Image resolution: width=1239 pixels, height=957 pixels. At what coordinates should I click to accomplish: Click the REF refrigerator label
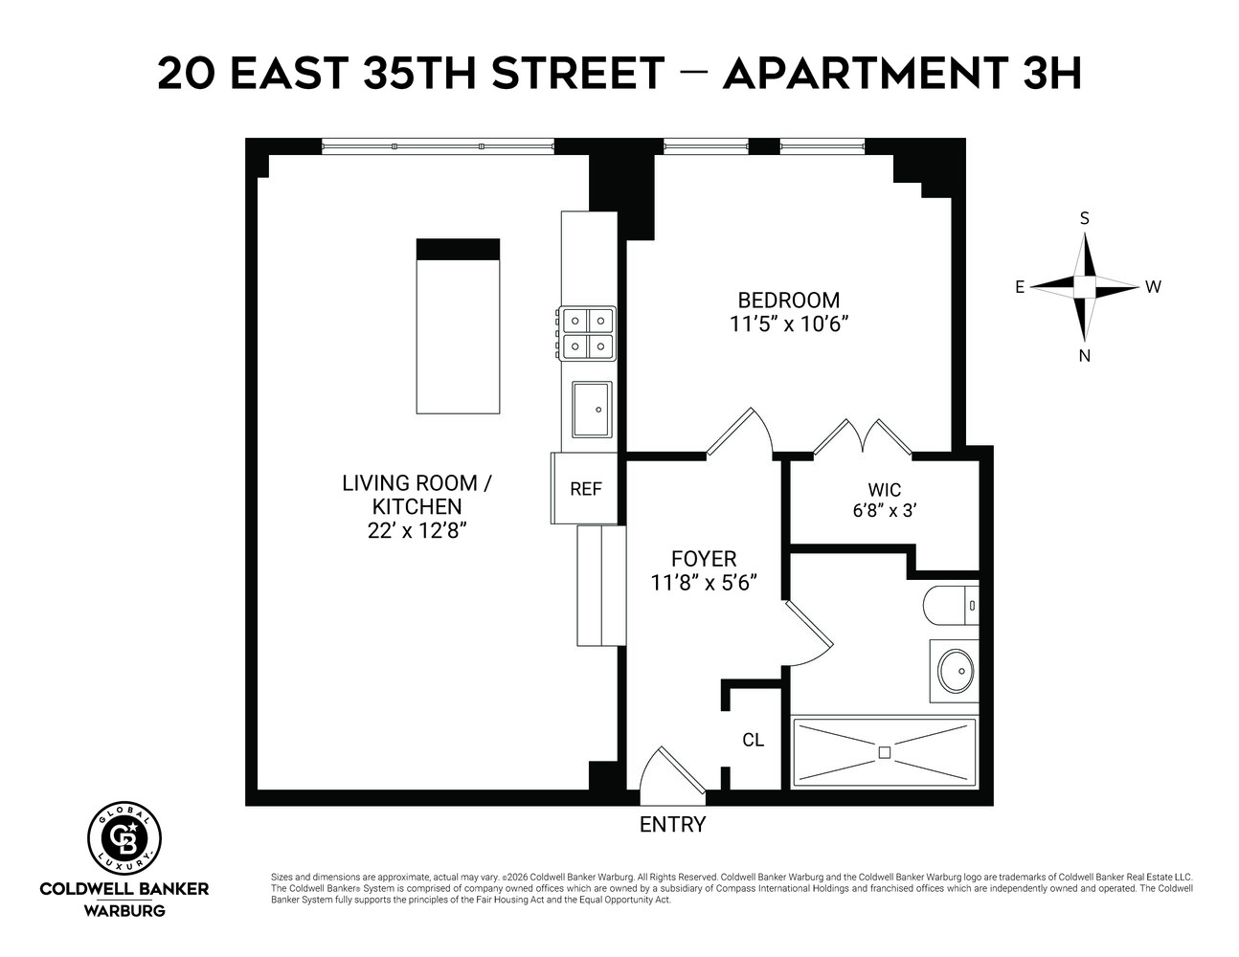coord(586,489)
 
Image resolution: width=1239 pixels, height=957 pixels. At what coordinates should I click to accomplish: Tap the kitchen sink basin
coord(593,409)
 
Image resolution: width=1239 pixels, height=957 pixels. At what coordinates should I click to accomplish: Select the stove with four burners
coord(588,332)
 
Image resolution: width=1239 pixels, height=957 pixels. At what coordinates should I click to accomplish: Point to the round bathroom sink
coord(954,671)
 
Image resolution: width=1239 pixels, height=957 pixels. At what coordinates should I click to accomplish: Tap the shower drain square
coord(884,753)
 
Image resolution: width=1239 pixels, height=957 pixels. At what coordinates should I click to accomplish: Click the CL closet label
coord(754,740)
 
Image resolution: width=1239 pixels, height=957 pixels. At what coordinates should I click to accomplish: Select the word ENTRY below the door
coord(672,825)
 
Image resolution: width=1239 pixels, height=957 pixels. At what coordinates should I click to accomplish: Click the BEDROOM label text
coord(788,300)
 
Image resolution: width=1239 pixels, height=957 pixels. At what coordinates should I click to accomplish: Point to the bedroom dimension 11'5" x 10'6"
coord(789,323)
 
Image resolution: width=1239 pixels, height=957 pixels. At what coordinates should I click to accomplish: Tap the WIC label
coord(885,490)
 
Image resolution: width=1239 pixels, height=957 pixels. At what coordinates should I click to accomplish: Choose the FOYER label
coord(704,559)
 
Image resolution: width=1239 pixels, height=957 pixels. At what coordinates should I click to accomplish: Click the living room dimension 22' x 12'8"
coord(417,530)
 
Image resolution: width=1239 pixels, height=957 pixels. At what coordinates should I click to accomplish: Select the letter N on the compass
coord(1085,356)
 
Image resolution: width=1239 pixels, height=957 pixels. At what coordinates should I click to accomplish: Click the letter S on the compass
coord(1085,218)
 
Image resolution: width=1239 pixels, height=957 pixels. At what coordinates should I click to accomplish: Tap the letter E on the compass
coord(1021,287)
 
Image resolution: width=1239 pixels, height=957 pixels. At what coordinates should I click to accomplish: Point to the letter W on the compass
coord(1153,287)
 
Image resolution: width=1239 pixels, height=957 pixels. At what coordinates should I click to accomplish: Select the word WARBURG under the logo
coord(124,910)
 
